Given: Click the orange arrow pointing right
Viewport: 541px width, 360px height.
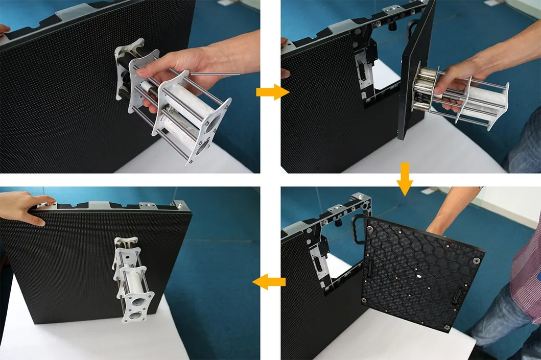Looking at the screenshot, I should (x=272, y=92).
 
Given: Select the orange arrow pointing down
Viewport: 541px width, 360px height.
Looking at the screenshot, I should (x=404, y=179).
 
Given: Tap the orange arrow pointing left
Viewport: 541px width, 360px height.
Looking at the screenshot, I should (x=269, y=281).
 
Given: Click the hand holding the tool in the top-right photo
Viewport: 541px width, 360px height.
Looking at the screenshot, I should (x=460, y=82).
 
